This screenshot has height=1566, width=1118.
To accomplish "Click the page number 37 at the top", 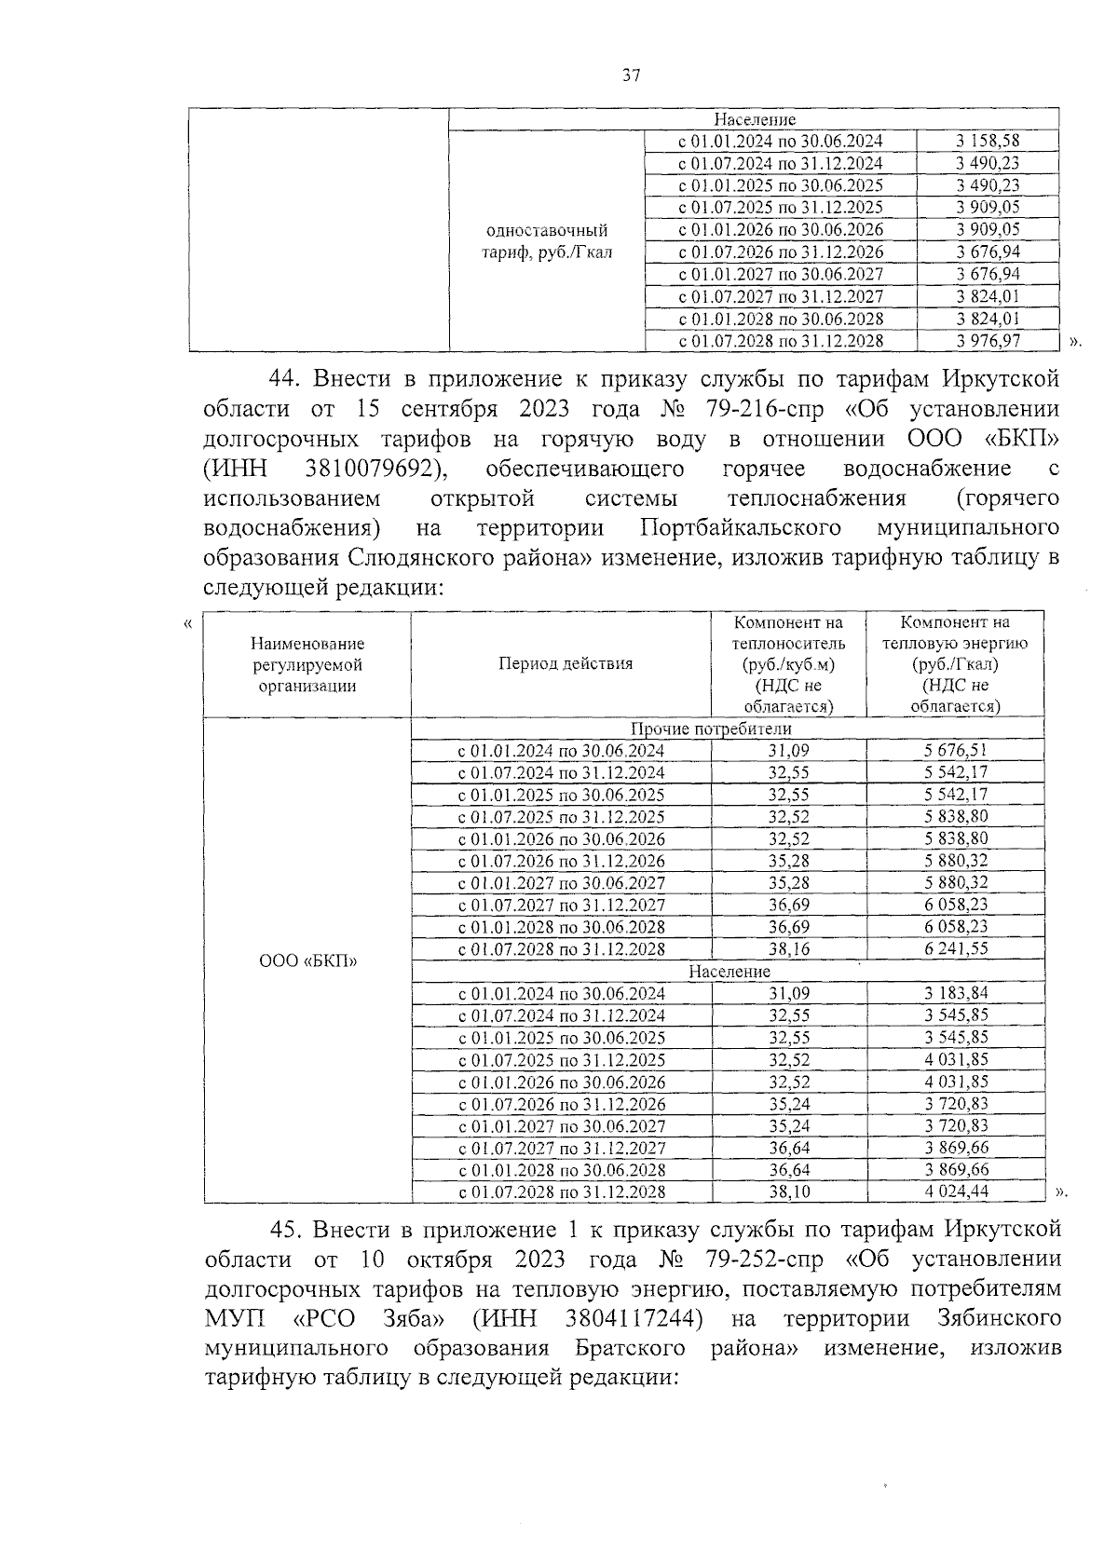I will click(x=632, y=76).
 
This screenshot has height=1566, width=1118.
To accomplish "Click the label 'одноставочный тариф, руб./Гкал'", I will click(x=547, y=241).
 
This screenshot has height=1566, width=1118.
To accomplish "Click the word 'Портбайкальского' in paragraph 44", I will click(x=742, y=527).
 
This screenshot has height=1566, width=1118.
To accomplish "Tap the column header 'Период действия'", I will click(x=566, y=663).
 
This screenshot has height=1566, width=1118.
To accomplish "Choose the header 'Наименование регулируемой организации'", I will click(x=307, y=664).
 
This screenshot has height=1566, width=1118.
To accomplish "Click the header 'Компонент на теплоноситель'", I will click(x=788, y=633).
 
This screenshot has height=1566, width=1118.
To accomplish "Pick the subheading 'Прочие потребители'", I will click(x=712, y=729).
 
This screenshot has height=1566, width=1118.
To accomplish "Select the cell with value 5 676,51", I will click(x=956, y=751).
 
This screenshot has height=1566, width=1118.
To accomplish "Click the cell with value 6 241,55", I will click(x=956, y=949).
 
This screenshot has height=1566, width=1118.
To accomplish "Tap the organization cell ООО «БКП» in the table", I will click(x=307, y=960).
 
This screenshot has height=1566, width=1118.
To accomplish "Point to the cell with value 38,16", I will click(x=788, y=949).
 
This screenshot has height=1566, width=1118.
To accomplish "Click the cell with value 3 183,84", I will click(x=956, y=994).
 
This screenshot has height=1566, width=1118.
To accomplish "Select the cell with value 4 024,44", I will click(x=956, y=1192).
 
